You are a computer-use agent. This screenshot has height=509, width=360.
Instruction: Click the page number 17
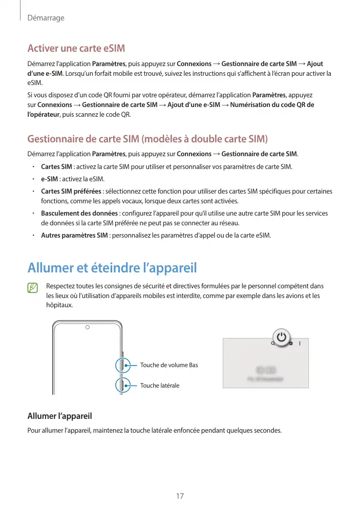(180, 496)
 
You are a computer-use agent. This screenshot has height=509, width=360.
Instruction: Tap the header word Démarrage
(46, 18)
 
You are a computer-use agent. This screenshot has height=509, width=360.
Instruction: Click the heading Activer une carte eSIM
(76, 49)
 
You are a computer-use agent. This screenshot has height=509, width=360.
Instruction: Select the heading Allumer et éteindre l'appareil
(112, 268)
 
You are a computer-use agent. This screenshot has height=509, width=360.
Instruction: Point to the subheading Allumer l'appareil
(59, 415)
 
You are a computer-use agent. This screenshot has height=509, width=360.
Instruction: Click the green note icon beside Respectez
(33, 288)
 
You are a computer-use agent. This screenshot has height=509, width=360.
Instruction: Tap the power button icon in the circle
(282, 337)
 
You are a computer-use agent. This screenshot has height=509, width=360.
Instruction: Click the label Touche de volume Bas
(168, 365)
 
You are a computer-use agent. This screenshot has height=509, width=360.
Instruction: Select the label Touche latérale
(160, 385)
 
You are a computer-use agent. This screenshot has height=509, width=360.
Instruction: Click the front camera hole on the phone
(87, 327)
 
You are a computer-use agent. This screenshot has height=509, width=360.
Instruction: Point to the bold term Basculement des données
(79, 214)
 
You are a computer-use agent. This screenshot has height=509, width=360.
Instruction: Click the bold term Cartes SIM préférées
(71, 192)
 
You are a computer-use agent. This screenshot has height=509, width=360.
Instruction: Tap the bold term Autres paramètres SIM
(74, 236)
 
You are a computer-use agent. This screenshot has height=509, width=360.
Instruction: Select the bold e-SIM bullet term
(49, 179)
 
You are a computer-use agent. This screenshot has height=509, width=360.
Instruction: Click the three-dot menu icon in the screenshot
(300, 344)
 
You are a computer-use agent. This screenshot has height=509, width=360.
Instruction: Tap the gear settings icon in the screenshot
(291, 344)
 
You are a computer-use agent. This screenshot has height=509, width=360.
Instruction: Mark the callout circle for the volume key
(122, 365)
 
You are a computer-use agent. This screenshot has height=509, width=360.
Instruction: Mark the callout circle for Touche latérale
(122, 385)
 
